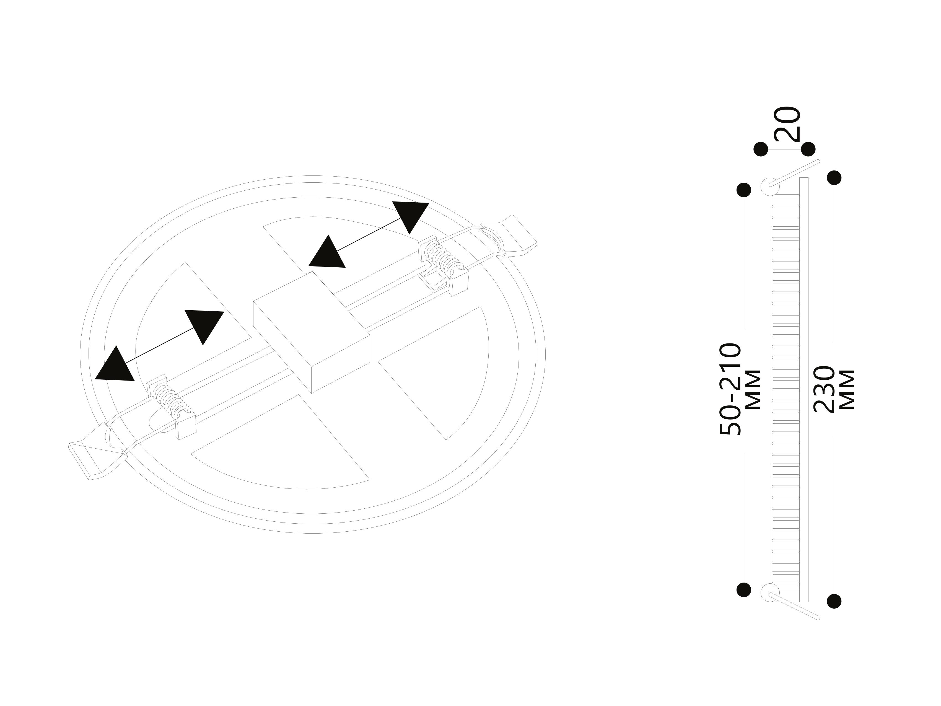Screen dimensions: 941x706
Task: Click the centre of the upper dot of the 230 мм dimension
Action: pos(834,177)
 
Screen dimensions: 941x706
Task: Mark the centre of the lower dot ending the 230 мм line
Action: pos(834,601)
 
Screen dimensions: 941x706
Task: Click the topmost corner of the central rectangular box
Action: pos(313,271)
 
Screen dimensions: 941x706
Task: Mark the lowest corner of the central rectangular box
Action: pos(313,393)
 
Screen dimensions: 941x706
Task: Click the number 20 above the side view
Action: pos(787,124)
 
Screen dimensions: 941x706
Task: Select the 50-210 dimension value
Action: pos(730,389)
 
